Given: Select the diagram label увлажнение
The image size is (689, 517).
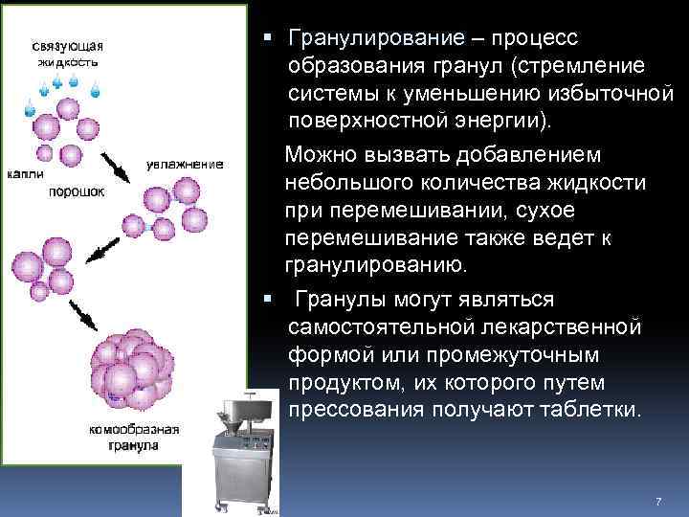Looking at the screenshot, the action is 186,165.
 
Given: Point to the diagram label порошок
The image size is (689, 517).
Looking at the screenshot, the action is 78,191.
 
